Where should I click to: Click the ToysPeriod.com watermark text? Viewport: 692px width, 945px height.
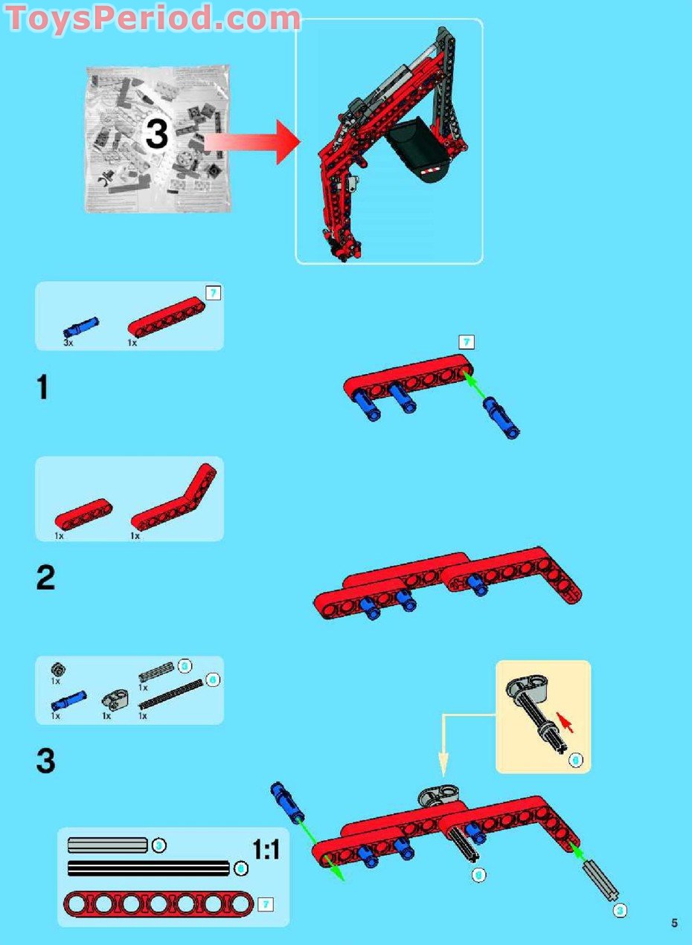tap(153, 18)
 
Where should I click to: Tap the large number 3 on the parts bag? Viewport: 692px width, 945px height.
tap(157, 135)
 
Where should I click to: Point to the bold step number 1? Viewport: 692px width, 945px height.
tap(43, 387)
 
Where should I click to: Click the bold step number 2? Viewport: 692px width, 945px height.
tap(45, 578)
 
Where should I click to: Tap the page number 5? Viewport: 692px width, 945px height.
tap(674, 923)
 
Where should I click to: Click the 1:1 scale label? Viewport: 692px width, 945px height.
tap(266, 849)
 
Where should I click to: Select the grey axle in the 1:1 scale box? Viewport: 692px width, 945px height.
tap(108, 845)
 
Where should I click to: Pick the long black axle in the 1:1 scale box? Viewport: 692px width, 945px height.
tap(148, 868)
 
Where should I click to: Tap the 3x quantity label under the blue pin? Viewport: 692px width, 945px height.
tap(68, 344)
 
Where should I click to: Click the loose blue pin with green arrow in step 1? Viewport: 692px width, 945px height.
tap(501, 417)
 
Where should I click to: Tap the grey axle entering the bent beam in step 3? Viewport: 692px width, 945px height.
tap(602, 883)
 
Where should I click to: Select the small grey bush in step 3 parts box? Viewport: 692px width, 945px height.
tap(57, 668)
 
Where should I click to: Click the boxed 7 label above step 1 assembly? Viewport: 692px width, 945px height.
tap(467, 342)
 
